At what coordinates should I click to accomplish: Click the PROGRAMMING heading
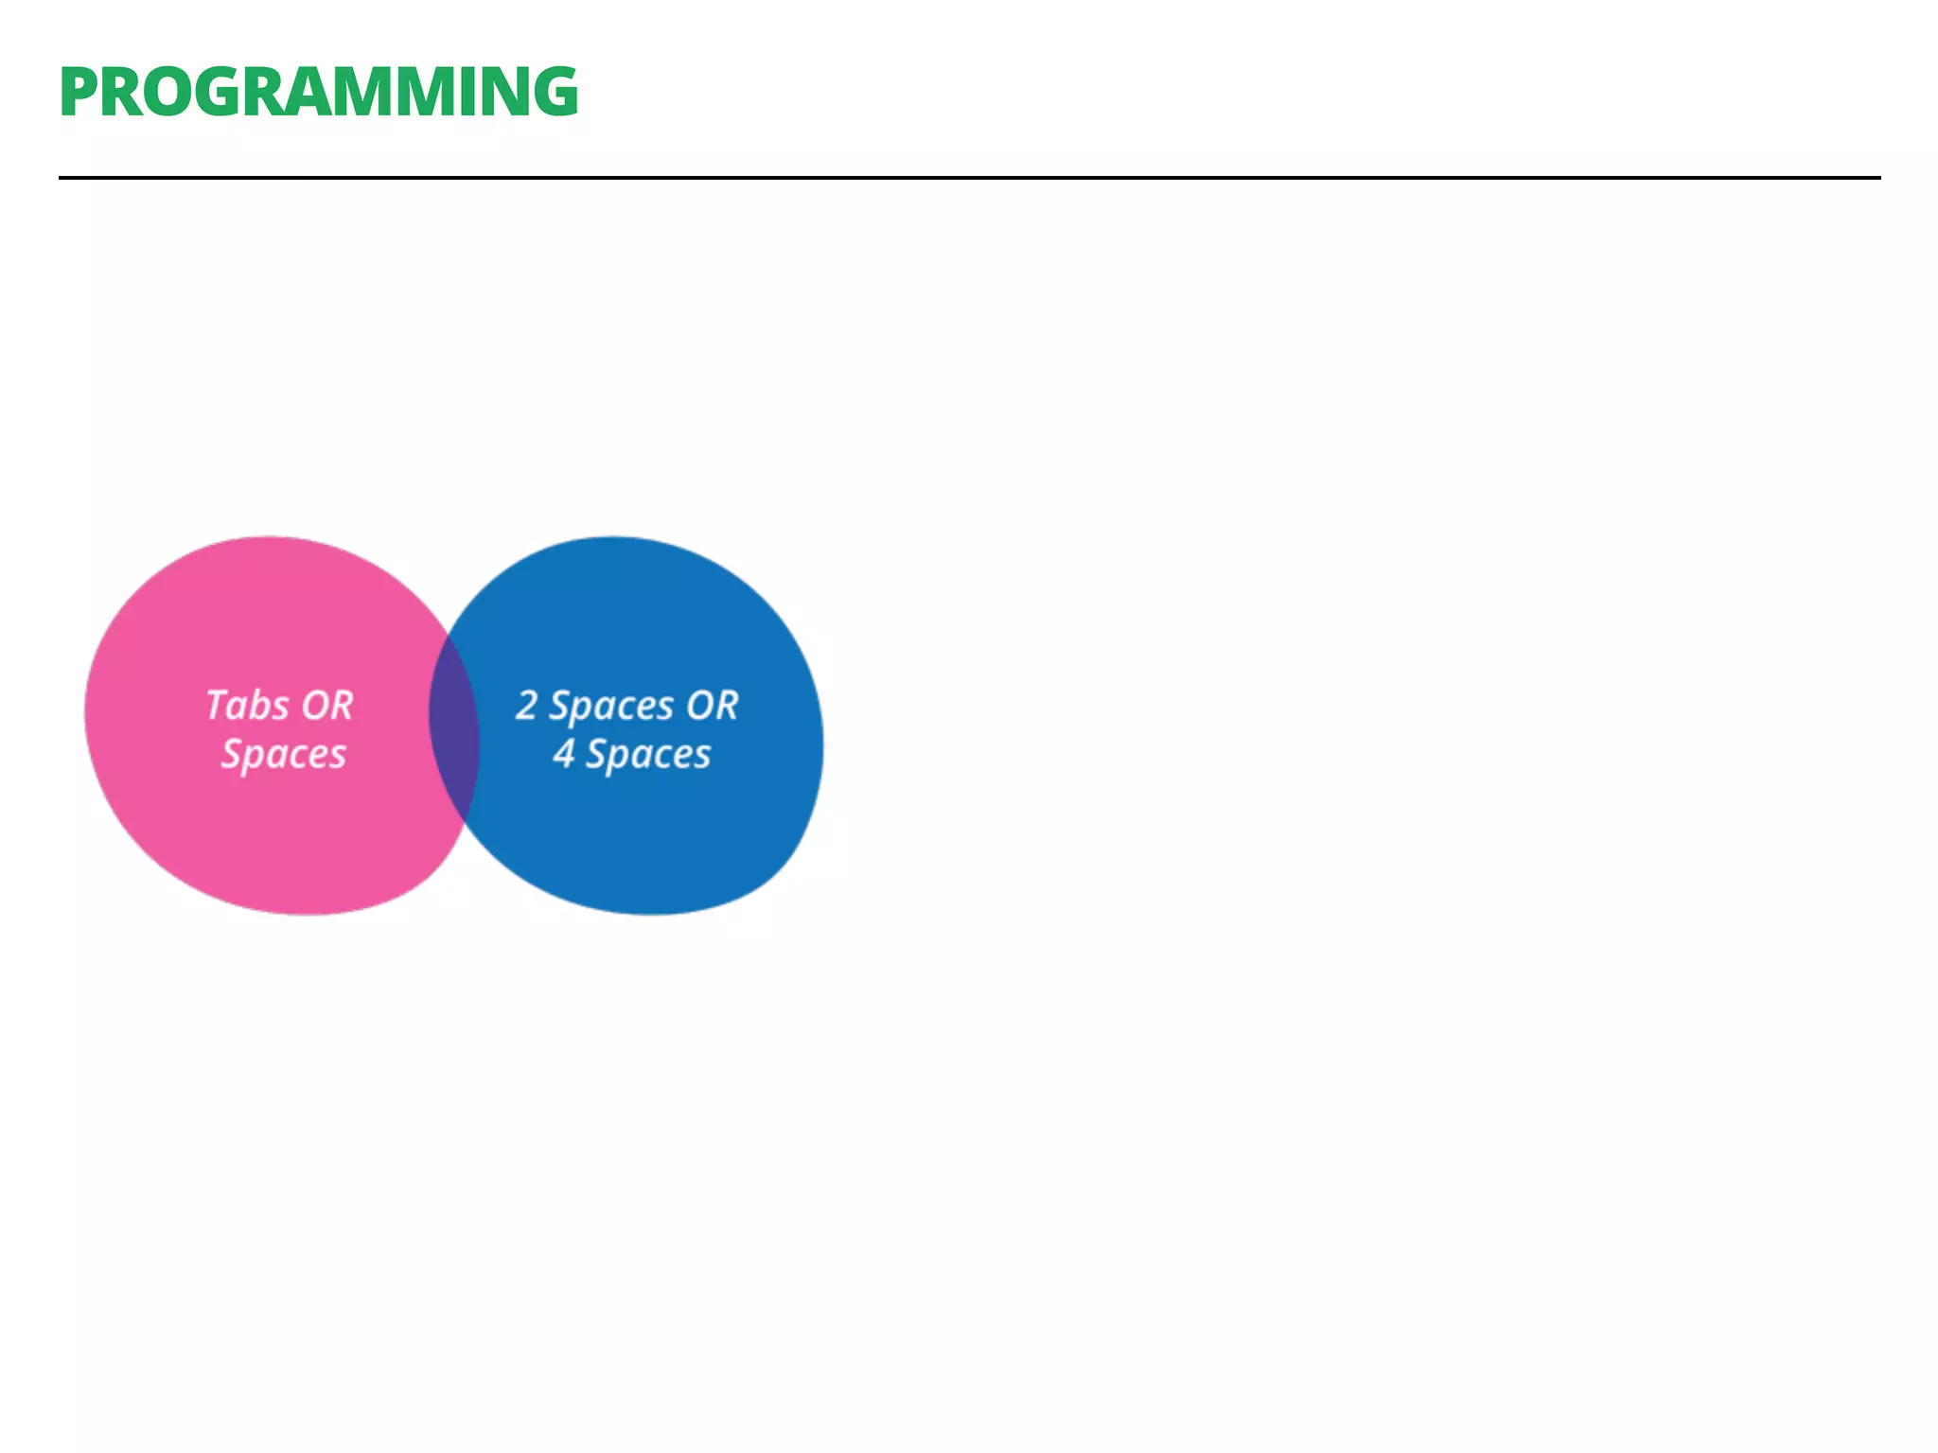318,93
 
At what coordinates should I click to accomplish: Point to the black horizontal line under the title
969,177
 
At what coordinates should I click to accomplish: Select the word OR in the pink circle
327,706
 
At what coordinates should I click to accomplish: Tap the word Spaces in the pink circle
284,755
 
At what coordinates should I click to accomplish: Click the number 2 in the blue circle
527,706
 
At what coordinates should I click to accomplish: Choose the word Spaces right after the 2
611,706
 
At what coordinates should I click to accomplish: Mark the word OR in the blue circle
712,706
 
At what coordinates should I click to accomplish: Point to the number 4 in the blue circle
564,754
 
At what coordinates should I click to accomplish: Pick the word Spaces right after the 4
648,755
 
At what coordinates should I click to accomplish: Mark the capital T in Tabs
218,705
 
